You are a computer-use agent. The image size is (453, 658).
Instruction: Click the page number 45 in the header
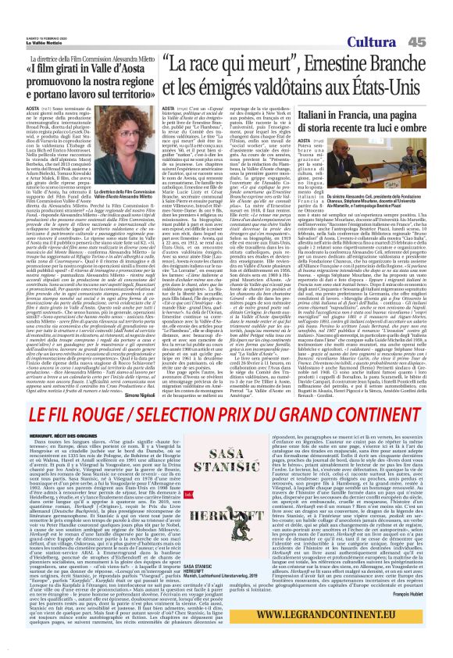pyautogui.click(x=438, y=41)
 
